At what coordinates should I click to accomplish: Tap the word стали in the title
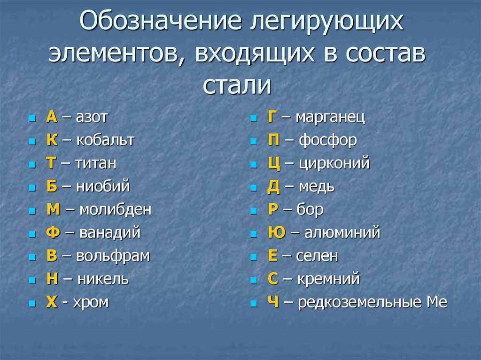237,85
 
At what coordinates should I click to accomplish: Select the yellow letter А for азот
52,117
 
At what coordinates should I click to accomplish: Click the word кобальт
105,140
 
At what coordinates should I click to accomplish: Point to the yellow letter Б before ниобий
52,186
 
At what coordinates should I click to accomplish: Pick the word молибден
116,209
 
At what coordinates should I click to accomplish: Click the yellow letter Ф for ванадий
53,232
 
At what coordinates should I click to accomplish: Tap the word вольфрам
113,256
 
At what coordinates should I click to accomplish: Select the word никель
103,279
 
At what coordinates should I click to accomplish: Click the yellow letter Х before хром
52,302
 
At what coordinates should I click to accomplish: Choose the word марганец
330,117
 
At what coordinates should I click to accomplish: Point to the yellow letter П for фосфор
274,140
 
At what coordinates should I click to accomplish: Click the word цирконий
334,163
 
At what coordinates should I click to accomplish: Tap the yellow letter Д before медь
274,187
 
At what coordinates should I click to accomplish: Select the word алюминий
342,232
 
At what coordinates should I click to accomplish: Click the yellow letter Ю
277,232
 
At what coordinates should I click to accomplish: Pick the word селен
317,256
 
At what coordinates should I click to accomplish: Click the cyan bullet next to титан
32,164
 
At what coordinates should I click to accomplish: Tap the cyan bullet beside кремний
253,280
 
